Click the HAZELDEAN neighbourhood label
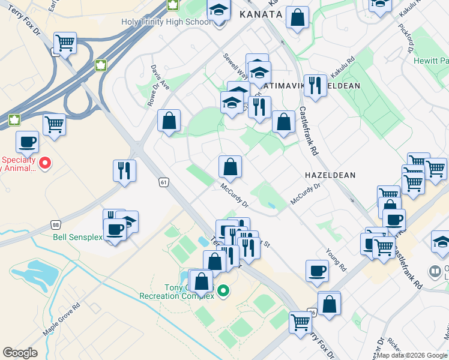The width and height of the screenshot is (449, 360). pos(330,175)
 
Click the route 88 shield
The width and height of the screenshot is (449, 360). pos(55,224)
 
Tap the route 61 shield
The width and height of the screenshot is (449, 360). pos(163,182)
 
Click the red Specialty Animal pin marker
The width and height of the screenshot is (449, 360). pos(44,163)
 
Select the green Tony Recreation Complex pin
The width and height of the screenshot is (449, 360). pos(223,292)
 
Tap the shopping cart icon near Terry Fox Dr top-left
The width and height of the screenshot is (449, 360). pos(65,43)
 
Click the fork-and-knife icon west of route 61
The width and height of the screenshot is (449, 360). pos(124,170)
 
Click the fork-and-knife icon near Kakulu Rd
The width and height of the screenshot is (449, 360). pos(315,86)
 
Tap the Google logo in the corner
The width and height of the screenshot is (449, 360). pos(20,353)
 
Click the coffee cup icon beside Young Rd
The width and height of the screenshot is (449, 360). pos(317,271)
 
